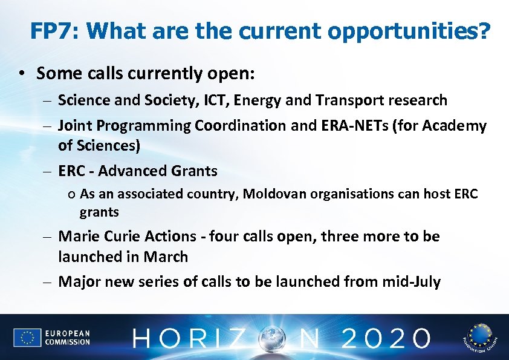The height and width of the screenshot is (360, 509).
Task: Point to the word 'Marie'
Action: [x=76, y=236]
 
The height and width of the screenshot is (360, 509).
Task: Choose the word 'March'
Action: [x=166, y=257]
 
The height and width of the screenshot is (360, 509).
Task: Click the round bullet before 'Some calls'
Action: [x=21, y=74]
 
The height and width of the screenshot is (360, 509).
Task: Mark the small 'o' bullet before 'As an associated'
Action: [x=71, y=195]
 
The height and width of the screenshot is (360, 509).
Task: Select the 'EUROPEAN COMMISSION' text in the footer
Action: [x=67, y=338]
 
